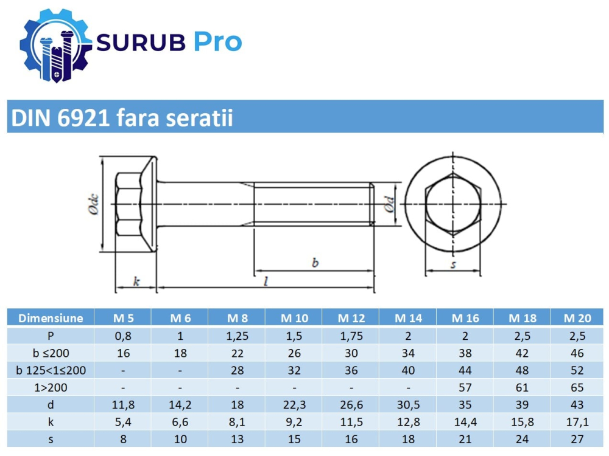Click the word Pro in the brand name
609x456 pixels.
point(218,42)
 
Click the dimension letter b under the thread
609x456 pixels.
point(315,263)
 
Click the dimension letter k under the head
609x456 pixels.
point(136,281)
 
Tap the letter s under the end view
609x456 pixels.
point(453,264)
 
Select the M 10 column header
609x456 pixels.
point(294,318)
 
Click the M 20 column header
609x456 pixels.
point(577,318)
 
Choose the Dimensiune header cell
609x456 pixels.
point(51,318)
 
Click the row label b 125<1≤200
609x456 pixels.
point(51,370)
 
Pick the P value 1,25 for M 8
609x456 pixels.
point(238,335)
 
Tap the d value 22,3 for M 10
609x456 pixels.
point(294,405)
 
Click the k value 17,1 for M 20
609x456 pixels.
point(577,422)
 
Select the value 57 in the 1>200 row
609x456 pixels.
point(465,387)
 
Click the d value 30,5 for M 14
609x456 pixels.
point(408,405)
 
